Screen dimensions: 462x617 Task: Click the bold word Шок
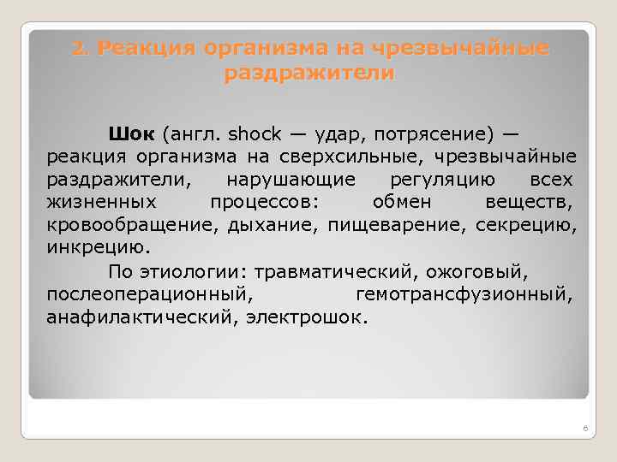click(131, 134)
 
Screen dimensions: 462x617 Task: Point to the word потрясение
click(423, 134)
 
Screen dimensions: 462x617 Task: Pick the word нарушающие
click(291, 181)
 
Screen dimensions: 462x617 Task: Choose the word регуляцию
click(442, 181)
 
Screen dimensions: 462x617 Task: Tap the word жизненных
click(100, 203)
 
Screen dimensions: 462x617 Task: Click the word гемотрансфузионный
click(464, 295)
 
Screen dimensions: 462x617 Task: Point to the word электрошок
click(307, 317)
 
